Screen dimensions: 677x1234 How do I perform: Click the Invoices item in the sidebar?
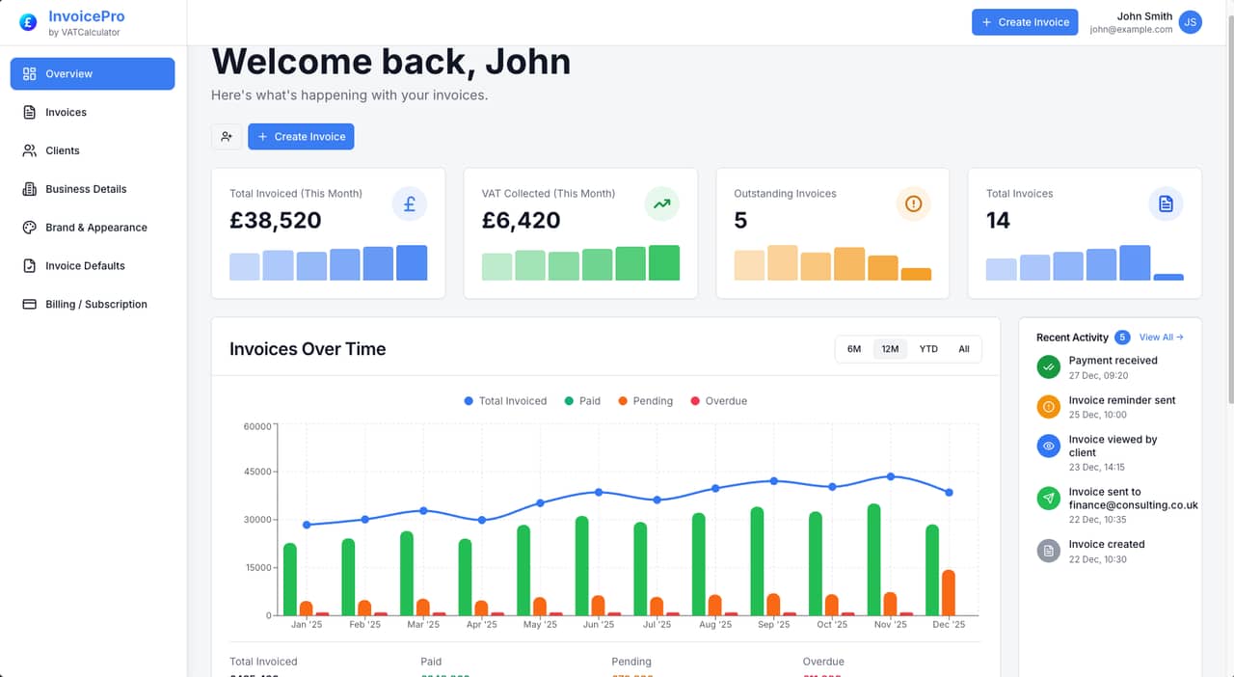click(66, 112)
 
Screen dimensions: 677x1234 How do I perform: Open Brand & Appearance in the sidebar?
click(95, 228)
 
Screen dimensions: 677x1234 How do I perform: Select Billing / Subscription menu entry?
click(95, 304)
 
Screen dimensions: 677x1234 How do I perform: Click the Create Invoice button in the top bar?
click(1024, 22)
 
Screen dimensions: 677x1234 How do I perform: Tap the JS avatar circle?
click(1191, 22)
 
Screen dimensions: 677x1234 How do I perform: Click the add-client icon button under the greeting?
click(227, 137)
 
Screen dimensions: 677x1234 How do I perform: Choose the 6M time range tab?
click(854, 349)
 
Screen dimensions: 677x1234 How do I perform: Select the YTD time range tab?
click(928, 349)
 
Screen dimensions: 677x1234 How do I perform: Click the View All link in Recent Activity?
click(1161, 338)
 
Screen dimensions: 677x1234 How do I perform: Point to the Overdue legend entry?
click(718, 401)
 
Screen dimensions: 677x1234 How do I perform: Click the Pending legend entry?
click(645, 401)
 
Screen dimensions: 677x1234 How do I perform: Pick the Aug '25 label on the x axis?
click(715, 625)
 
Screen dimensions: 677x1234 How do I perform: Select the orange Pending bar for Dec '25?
click(949, 592)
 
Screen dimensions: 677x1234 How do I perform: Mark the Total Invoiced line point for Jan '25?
click(307, 525)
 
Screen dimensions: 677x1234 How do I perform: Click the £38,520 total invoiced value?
click(276, 220)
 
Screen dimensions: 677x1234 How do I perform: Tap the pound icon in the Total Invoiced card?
click(410, 203)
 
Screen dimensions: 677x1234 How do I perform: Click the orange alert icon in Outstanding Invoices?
click(914, 203)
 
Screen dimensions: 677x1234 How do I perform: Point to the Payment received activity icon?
click(1048, 366)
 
